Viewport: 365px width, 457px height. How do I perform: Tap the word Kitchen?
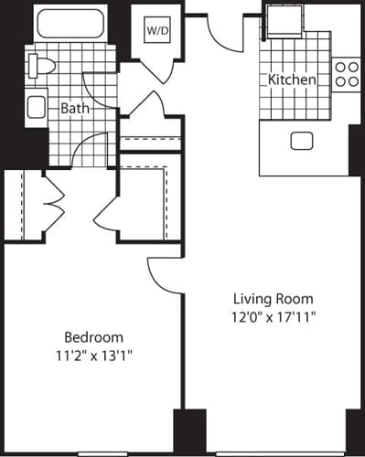tap(292, 80)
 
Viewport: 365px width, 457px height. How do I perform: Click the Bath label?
tap(75, 108)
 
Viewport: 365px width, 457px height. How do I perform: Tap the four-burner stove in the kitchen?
tap(347, 73)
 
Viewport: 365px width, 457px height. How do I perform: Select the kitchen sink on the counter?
tap(301, 141)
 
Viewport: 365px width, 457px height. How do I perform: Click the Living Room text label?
tap(273, 299)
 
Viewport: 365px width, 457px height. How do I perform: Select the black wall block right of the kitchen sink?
tap(354, 147)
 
